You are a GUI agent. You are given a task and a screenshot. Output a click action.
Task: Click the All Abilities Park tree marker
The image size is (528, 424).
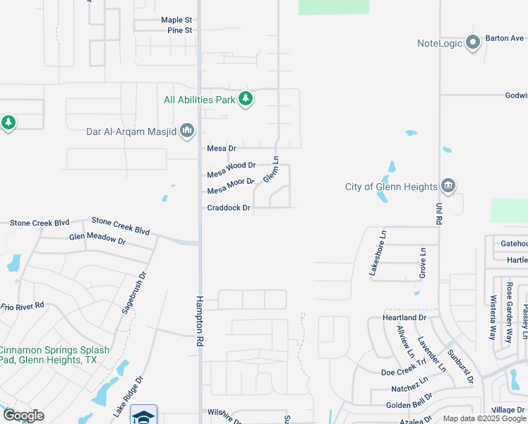[x=245, y=100]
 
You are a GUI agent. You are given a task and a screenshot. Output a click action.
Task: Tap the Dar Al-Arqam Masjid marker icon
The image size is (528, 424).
[x=187, y=131]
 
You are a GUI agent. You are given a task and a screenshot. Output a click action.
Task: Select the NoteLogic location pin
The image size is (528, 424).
[x=473, y=43]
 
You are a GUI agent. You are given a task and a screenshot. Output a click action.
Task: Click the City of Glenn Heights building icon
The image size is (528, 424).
[x=448, y=187]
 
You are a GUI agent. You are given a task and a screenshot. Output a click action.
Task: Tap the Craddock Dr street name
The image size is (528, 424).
[x=229, y=208]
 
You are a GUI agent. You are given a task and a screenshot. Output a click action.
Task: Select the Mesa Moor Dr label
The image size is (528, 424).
[x=230, y=187]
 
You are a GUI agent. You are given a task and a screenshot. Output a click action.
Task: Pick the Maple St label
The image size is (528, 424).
[x=176, y=20]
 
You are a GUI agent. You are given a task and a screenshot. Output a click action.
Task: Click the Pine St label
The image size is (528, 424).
[x=180, y=30]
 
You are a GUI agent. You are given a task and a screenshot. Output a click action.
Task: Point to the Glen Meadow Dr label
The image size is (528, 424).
[x=97, y=239]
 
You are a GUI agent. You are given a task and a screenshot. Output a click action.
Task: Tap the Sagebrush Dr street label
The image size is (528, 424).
[x=133, y=293]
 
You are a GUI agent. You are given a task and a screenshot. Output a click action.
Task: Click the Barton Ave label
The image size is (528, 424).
[x=504, y=38]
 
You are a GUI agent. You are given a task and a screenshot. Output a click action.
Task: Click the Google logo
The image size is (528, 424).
[x=23, y=416]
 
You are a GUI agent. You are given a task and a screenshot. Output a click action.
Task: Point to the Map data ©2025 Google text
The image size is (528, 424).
[x=484, y=418]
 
